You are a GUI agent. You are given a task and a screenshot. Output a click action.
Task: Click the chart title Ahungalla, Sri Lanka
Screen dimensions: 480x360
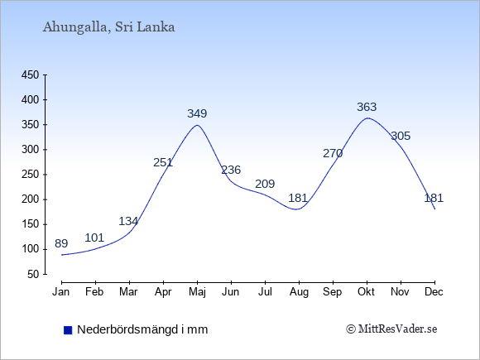point(108,27)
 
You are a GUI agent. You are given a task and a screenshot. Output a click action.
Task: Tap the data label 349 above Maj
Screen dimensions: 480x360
point(197,113)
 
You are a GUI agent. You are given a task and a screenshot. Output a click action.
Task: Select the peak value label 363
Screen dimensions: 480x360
point(367,107)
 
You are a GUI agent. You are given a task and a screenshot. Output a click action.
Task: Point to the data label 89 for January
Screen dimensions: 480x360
point(61,243)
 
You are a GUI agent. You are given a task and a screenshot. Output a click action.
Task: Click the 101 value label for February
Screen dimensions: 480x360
point(94,238)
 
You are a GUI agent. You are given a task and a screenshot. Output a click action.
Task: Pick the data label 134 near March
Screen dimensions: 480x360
point(128,221)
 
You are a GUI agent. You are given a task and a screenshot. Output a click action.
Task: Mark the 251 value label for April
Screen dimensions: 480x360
point(163,162)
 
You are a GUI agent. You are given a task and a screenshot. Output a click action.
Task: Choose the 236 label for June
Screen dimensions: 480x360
point(231,170)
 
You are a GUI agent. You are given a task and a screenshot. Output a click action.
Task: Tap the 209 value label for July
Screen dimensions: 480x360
point(265,184)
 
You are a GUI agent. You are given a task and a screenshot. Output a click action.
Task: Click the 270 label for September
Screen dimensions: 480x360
point(333,153)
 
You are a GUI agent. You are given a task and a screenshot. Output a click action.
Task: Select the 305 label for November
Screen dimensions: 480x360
point(401,136)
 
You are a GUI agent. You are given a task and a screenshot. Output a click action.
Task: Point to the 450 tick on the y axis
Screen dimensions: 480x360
point(30,74)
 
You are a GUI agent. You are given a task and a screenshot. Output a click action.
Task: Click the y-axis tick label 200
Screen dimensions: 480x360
point(30,199)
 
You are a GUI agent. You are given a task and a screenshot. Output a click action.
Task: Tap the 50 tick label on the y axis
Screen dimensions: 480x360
point(33,274)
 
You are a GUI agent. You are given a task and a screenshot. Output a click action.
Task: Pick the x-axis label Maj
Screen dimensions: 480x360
point(198,292)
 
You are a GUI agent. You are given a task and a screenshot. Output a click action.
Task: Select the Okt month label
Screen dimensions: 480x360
point(366,292)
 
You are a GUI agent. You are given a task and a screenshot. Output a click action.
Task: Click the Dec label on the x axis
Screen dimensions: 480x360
point(434,292)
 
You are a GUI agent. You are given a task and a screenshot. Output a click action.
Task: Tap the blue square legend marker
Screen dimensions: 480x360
point(68,330)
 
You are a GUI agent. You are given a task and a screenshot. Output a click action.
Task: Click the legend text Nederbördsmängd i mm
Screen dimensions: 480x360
point(142,329)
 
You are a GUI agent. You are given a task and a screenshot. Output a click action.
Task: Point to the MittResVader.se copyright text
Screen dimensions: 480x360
point(391,329)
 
